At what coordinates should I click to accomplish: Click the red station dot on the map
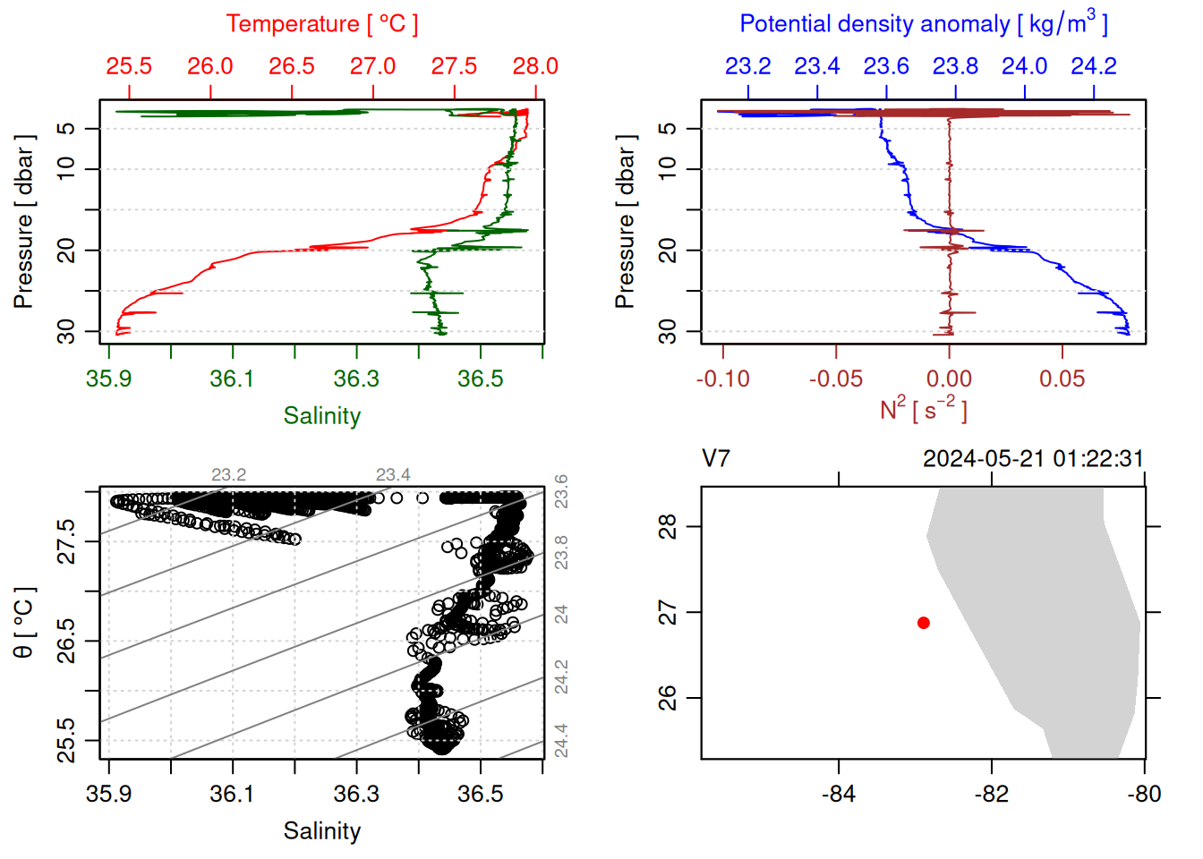[924, 623]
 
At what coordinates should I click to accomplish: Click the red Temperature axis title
[321, 24]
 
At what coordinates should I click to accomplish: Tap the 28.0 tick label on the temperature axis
[535, 66]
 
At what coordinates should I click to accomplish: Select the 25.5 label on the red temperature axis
[129, 66]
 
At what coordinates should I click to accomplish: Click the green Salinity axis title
[321, 416]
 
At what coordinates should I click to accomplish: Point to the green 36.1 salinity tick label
[232, 378]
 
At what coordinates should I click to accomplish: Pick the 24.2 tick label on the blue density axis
[1094, 66]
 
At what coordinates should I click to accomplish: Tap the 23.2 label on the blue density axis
[747, 66]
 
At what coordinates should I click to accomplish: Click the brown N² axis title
[924, 409]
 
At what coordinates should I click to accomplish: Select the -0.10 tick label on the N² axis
[723, 378]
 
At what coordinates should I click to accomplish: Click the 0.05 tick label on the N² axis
[1062, 378]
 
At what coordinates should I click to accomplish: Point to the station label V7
[716, 459]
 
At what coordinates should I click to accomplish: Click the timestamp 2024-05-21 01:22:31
[1033, 459]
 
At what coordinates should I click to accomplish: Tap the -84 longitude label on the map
[839, 794]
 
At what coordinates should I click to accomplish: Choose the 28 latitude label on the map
[668, 527]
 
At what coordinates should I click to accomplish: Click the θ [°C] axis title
[23, 623]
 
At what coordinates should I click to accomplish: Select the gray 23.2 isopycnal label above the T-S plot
[228, 475]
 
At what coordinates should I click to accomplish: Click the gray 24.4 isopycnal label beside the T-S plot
[561, 741]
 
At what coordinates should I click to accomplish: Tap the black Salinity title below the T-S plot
[321, 831]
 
